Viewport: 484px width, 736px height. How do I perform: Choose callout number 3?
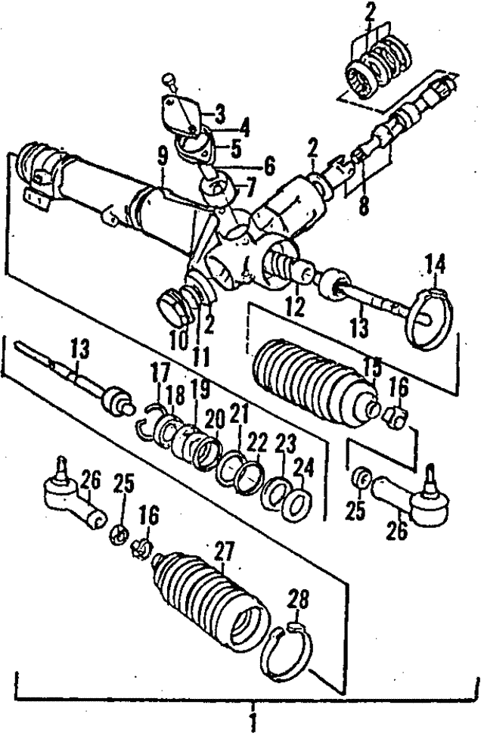(x=219, y=114)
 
